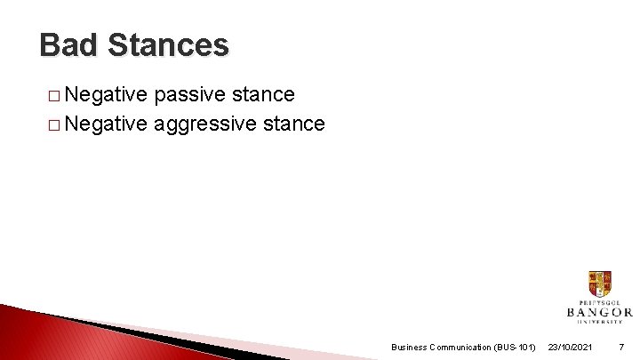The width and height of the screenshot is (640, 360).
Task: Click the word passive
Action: pos(188,94)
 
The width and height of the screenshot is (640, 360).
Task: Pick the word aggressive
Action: pos(206,124)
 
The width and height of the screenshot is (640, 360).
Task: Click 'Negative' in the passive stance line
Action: pos(105,94)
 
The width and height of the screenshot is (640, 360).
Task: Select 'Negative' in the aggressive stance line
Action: pos(105,124)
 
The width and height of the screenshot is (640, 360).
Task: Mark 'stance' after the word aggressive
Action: pos(294,124)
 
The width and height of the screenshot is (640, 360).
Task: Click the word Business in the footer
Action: pos(410,347)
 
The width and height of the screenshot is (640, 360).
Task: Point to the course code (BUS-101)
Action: pos(515,347)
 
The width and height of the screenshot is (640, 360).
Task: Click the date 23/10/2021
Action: pos(570,347)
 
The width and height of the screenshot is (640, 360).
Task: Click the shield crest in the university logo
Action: pos(599,284)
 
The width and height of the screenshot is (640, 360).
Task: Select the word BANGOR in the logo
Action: pos(599,312)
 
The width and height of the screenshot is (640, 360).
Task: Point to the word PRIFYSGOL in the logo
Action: pos(599,301)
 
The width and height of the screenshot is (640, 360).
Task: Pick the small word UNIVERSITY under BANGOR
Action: pos(599,322)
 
